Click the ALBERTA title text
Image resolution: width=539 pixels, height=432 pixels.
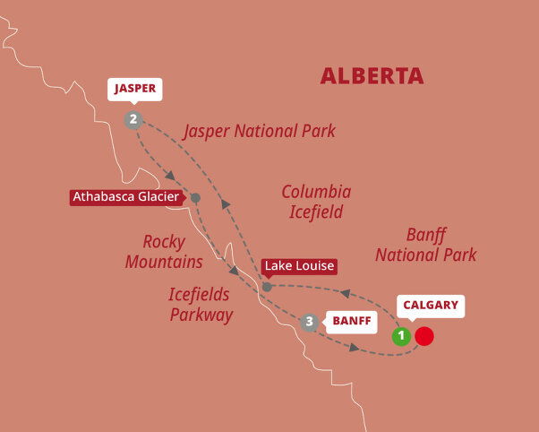point(372,75)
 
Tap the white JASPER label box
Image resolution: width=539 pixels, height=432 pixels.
point(134,89)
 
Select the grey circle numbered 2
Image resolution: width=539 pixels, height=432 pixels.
point(133,119)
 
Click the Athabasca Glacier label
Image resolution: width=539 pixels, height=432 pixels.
point(127,197)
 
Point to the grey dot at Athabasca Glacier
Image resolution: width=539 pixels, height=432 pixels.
point(195,197)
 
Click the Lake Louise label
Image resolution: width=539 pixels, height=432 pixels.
point(299,266)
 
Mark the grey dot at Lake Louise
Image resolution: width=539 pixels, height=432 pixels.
point(267,287)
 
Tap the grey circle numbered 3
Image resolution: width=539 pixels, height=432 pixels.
point(310,322)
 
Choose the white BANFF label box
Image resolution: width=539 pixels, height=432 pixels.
point(350,320)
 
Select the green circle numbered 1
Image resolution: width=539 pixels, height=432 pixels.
point(402,336)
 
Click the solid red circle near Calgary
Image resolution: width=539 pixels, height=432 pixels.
point(424,336)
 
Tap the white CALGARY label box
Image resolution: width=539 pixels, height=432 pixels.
point(431,306)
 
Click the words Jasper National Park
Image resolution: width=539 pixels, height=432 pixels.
point(260,132)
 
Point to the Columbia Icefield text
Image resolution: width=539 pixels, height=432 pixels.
point(316,202)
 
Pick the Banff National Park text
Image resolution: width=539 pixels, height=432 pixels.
point(425,245)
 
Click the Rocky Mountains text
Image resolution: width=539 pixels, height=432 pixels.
point(164,252)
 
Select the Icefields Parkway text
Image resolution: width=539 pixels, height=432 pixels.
point(201,304)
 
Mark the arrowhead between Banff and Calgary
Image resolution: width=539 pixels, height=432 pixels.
point(355,348)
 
